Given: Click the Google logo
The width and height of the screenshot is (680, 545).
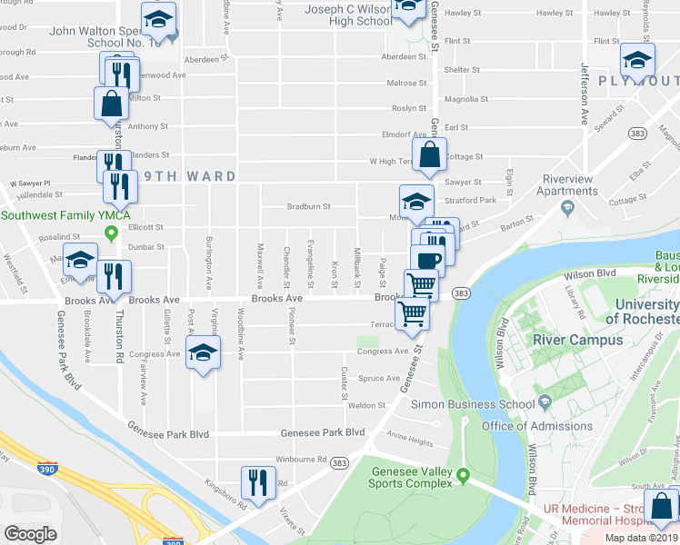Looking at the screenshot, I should pyautogui.click(x=31, y=534).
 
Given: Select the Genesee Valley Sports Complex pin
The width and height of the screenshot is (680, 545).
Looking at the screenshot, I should pyautogui.click(x=463, y=474).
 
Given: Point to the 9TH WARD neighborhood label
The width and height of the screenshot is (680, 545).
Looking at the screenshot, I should pyautogui.click(x=187, y=176).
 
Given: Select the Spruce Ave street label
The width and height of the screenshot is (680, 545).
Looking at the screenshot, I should pyautogui.click(x=379, y=378).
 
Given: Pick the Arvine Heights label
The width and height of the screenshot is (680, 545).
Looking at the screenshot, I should pyautogui.click(x=410, y=441).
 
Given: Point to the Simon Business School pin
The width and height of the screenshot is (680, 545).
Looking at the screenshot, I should pyautogui.click(x=545, y=402).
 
